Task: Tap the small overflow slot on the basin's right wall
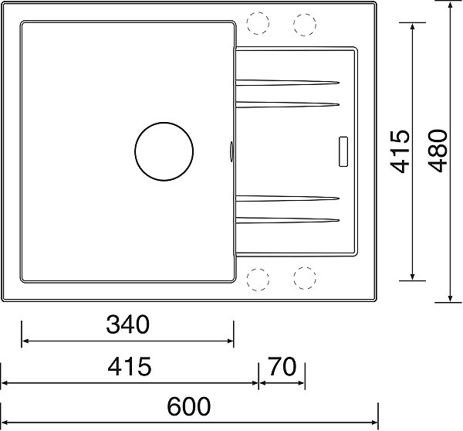231,151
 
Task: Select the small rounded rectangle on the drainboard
343,151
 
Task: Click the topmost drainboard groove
287,83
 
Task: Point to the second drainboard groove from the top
287,104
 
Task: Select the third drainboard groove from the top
287,199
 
